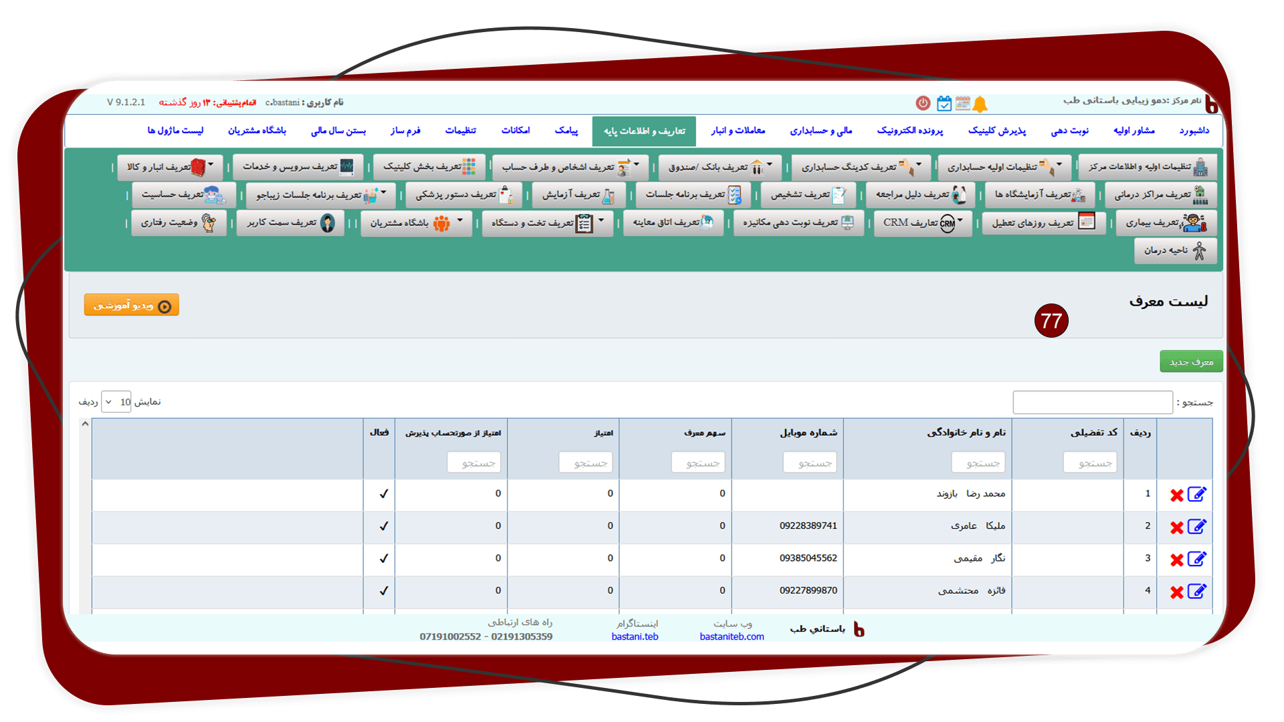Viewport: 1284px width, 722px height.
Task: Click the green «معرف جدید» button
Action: pos(1191,362)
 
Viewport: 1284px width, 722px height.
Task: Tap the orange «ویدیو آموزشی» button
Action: pos(132,305)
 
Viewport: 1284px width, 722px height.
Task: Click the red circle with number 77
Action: pos(1051,321)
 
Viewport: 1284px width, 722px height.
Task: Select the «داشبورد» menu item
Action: pos(1194,130)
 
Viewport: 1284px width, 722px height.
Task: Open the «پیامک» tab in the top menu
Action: pos(566,130)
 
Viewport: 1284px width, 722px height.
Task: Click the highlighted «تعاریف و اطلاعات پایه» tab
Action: pos(644,131)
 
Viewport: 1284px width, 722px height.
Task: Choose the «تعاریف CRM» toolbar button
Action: pos(923,223)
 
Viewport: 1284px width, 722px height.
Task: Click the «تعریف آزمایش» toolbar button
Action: pos(579,195)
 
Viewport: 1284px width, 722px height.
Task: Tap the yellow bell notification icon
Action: pos(980,104)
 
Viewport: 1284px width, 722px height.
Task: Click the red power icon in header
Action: pos(923,103)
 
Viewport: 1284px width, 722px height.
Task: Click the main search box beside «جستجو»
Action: pos(1093,402)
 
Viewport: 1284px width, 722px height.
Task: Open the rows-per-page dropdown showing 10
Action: pos(116,402)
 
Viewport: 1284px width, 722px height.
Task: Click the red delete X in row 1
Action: pos(1177,495)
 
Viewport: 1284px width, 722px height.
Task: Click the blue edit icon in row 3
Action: pos(1197,559)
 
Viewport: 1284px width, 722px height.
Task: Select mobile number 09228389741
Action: pos(808,526)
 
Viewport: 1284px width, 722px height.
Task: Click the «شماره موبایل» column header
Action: pos(808,433)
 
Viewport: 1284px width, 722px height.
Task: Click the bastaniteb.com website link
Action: pos(732,636)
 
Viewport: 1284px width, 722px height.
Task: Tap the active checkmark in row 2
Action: pos(384,526)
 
